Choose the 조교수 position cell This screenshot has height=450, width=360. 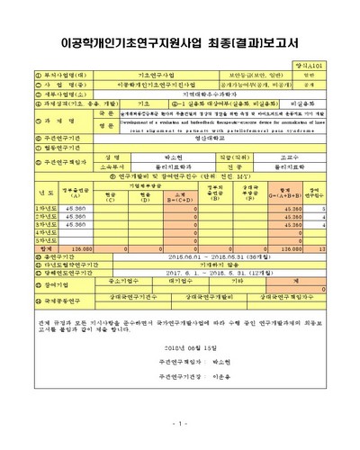tap(290, 156)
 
